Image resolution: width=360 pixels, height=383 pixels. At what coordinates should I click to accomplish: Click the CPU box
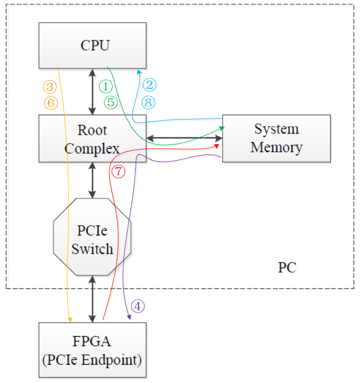click(x=93, y=45)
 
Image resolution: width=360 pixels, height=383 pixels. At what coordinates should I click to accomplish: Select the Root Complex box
click(x=93, y=138)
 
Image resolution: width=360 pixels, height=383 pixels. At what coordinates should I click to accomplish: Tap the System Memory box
click(x=276, y=138)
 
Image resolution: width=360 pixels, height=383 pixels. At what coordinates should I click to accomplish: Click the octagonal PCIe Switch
click(x=93, y=236)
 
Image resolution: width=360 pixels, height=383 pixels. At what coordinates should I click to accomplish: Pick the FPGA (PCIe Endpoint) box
click(x=93, y=351)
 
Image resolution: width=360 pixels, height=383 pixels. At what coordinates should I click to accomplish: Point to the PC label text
click(x=287, y=267)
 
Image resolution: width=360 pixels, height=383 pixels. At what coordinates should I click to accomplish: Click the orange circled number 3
click(x=50, y=86)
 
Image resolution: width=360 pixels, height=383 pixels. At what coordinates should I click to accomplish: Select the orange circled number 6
click(x=50, y=103)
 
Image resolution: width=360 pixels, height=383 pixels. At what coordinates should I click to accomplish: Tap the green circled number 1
click(x=106, y=86)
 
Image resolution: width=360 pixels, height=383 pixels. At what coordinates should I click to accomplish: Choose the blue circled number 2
click(x=149, y=85)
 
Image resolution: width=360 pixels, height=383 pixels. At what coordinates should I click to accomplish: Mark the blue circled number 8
click(x=149, y=102)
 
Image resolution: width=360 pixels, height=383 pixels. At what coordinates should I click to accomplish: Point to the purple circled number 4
click(x=138, y=306)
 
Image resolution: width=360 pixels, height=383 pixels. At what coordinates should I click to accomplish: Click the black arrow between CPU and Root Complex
click(x=93, y=92)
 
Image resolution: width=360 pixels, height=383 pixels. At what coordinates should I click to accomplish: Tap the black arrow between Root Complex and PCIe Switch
click(x=93, y=180)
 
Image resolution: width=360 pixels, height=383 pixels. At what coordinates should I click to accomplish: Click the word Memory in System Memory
click(x=276, y=147)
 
